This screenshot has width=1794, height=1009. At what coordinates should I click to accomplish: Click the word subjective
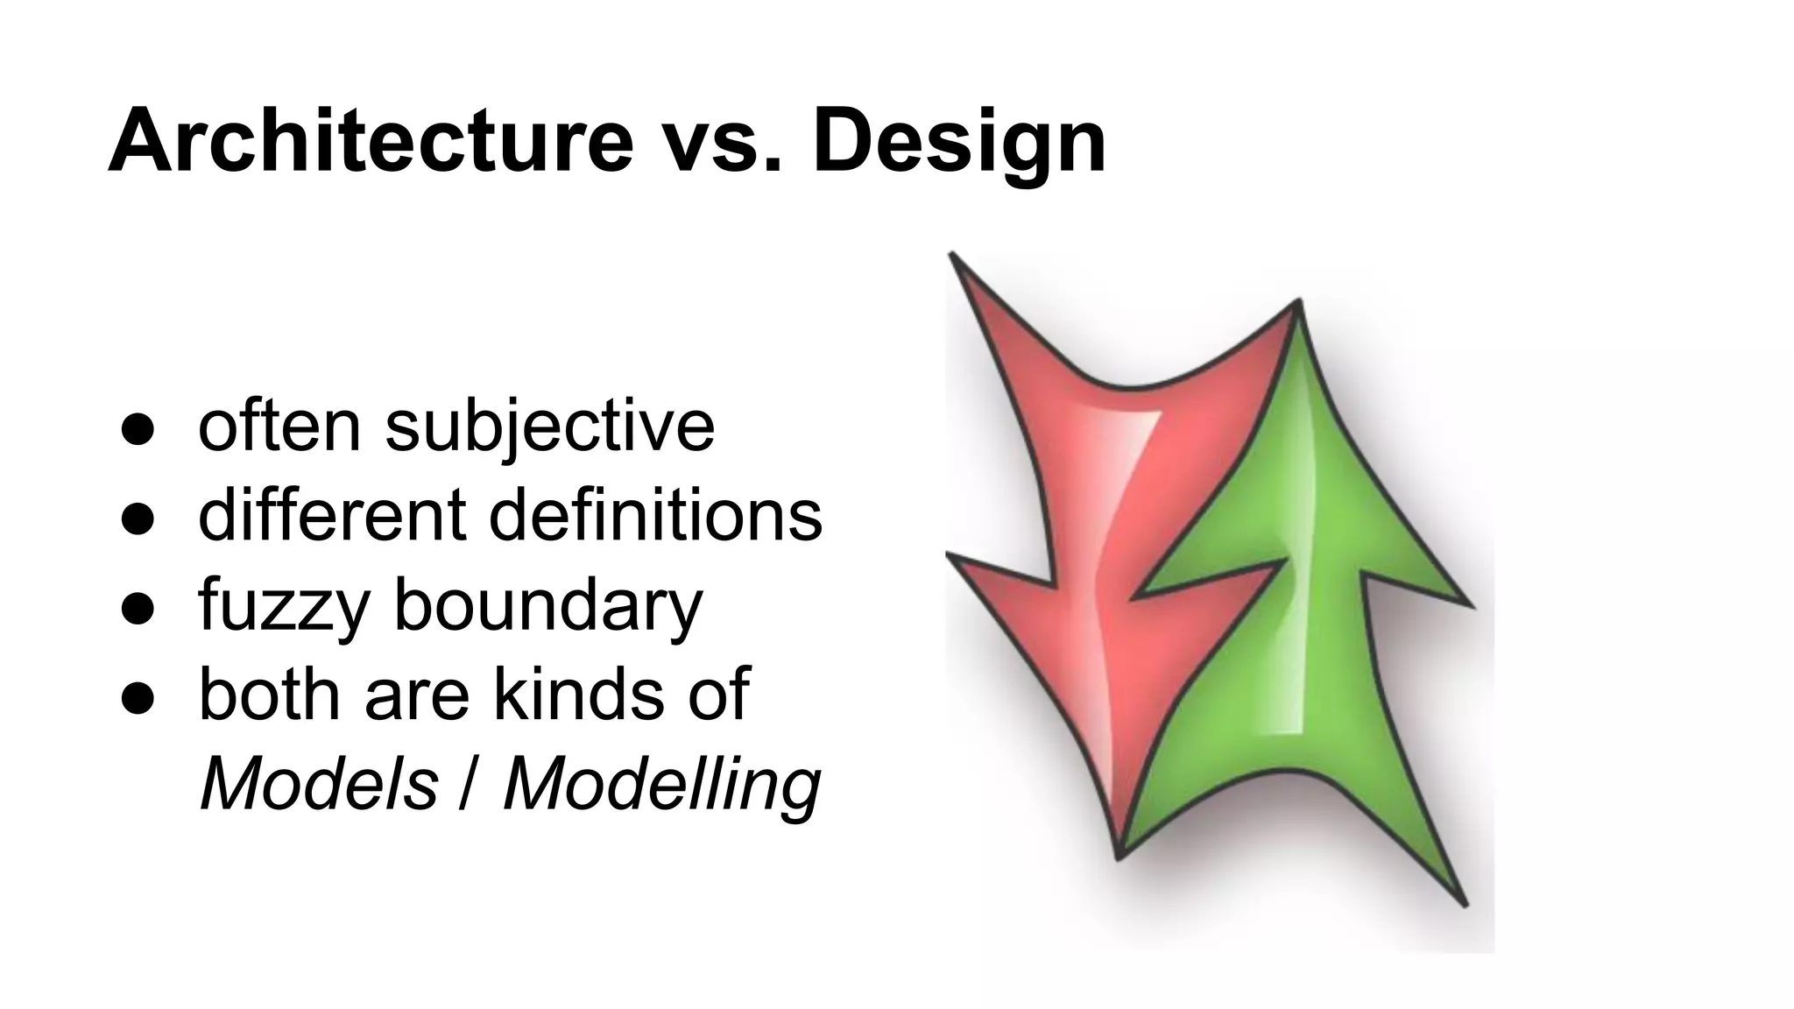click(549, 427)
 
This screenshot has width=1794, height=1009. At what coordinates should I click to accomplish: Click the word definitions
click(655, 515)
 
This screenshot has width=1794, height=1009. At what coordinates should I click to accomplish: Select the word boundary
click(547, 607)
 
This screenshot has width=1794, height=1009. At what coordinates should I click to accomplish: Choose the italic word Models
click(319, 783)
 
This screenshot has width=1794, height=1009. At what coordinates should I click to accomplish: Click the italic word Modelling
click(661, 785)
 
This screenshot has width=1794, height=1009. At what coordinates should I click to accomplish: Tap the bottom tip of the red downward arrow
click(1118, 855)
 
